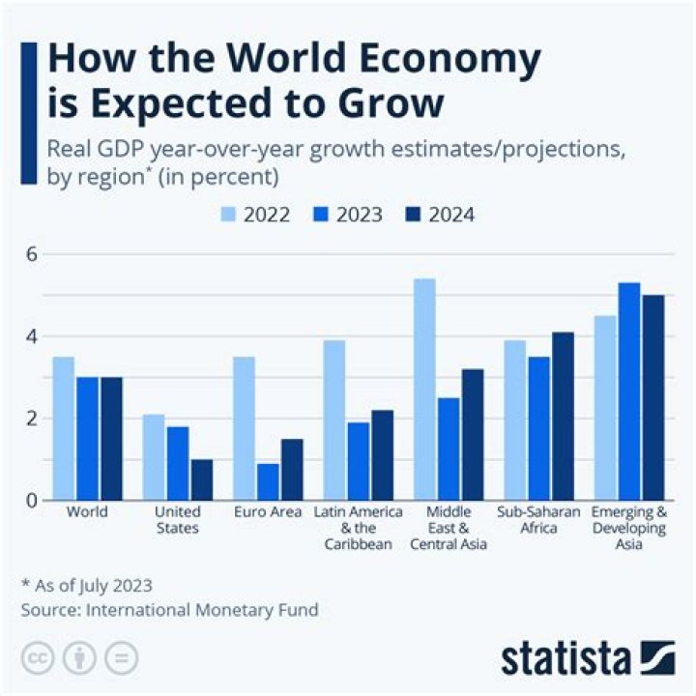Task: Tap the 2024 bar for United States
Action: coord(201,479)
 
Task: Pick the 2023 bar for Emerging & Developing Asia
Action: coord(629,391)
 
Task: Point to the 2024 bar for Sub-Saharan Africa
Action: coord(563,416)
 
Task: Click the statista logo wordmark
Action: coord(566,659)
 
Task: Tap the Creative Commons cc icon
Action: coord(39,658)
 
